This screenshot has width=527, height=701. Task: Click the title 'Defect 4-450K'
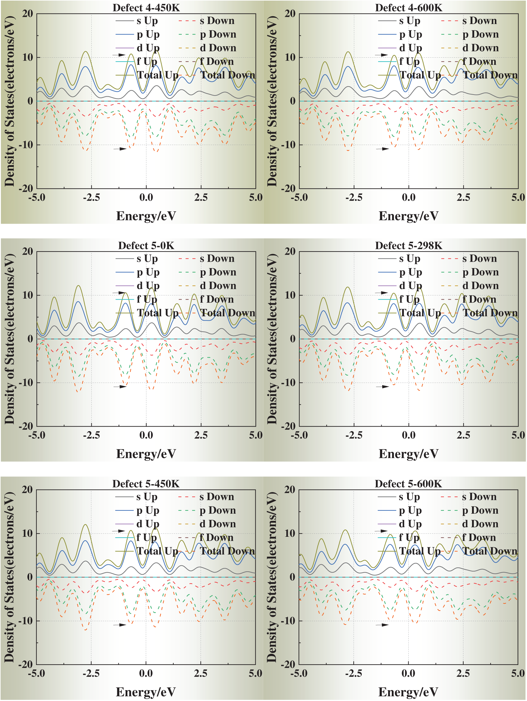point(146,8)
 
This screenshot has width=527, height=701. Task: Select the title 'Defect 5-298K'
point(408,246)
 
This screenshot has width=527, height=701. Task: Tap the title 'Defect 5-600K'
point(408,484)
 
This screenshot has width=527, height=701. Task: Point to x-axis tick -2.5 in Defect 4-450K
point(91,198)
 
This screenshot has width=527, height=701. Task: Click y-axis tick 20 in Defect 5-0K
point(28,252)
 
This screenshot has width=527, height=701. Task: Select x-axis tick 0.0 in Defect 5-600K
point(408,673)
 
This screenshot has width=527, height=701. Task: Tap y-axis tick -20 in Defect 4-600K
point(288,189)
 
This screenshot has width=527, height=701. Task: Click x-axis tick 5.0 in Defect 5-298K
point(518,435)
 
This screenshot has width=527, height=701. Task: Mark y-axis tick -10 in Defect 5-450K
point(25,621)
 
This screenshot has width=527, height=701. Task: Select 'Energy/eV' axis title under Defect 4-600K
point(408,216)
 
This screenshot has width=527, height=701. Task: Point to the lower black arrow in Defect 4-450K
point(120,149)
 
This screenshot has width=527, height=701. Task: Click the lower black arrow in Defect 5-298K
point(382,387)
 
